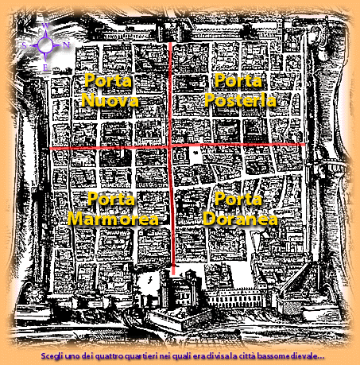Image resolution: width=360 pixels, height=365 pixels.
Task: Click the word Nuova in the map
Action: pyautogui.click(x=110, y=101)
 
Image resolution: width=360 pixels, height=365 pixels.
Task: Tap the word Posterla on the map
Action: pyautogui.click(x=240, y=101)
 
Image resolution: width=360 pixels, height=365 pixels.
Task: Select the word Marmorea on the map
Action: pyautogui.click(x=114, y=219)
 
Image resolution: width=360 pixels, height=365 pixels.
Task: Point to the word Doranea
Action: pyautogui.click(x=240, y=219)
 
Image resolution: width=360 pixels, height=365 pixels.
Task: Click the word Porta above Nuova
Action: pyautogui.click(x=108, y=80)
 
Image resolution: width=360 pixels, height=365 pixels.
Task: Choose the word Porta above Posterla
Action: pyautogui.click(x=238, y=80)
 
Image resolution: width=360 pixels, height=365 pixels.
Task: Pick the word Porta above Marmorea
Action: pyautogui.click(x=111, y=199)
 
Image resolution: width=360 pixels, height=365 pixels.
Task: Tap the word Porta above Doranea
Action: pyautogui.click(x=238, y=199)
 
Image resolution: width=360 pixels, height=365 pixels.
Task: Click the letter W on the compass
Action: pyautogui.click(x=46, y=25)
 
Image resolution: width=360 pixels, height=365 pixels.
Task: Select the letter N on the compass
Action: pyautogui.click(x=66, y=45)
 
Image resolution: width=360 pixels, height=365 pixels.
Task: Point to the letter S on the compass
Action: pyautogui.click(x=25, y=46)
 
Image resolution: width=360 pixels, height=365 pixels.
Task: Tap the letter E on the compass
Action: pyautogui.click(x=45, y=68)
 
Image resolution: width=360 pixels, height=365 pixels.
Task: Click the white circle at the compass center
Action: pyautogui.click(x=46, y=45)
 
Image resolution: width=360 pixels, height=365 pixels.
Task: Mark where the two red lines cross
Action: pyautogui.click(x=170, y=146)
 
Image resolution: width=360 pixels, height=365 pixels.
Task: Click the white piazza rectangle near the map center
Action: pyautogui.click(x=195, y=157)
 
